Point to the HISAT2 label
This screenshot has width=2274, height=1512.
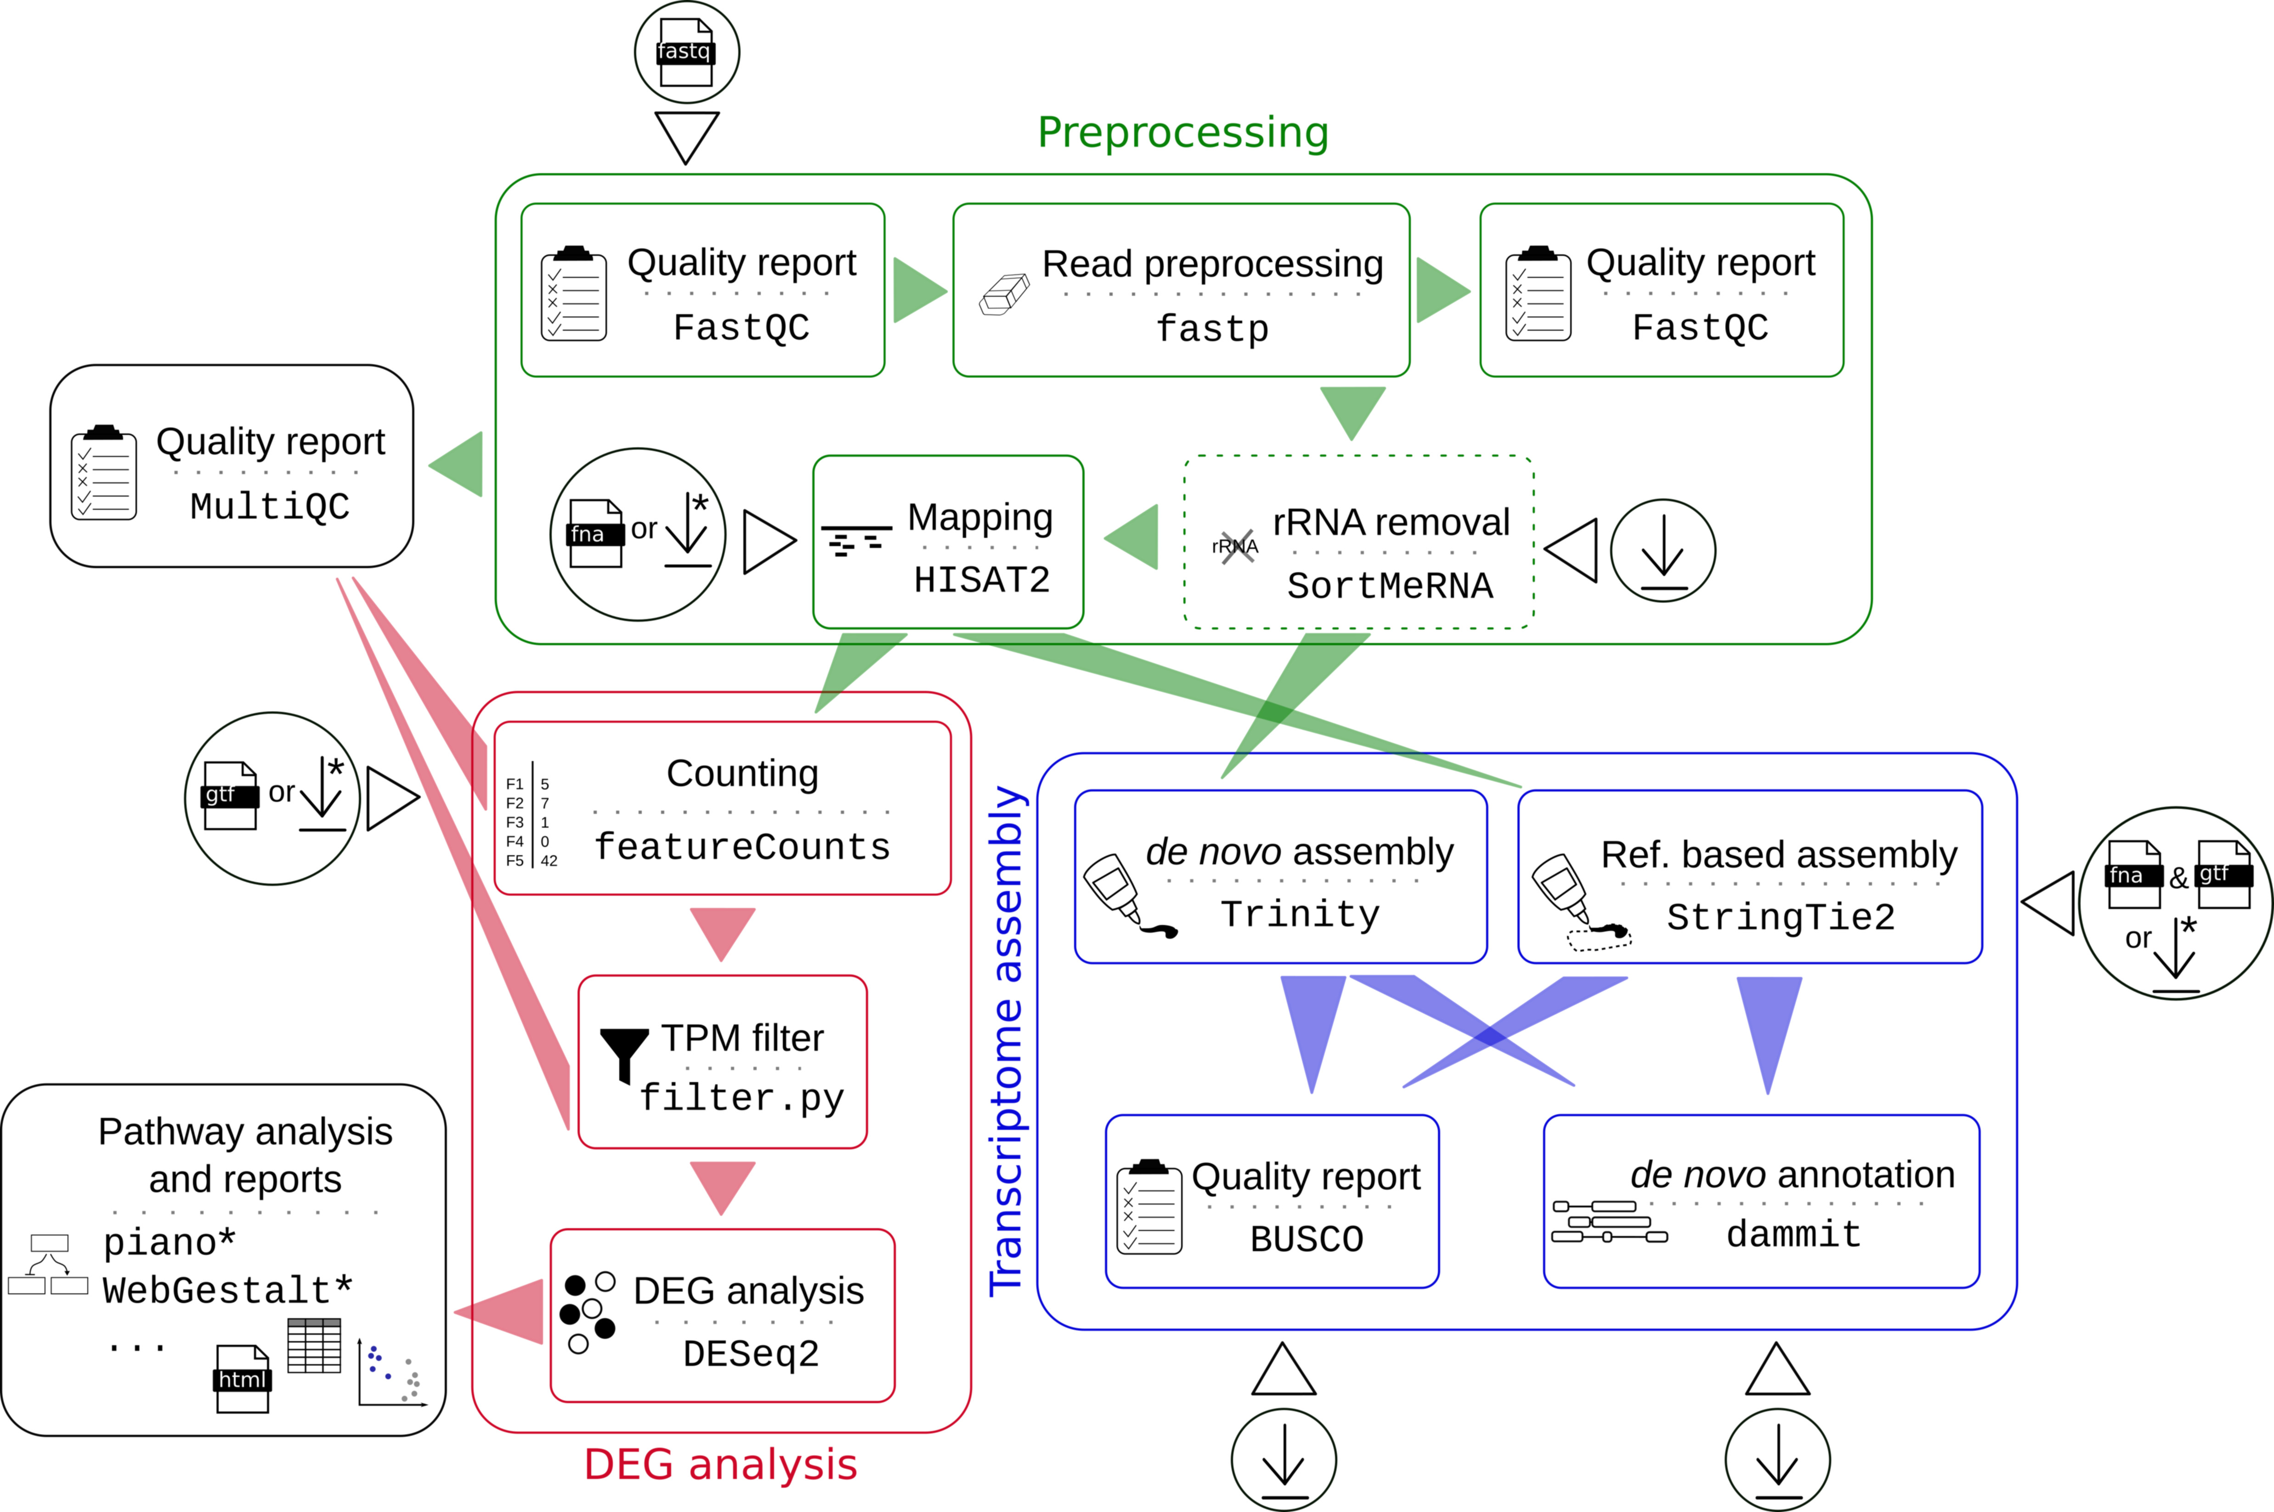point(982,580)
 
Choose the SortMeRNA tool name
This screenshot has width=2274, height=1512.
point(1390,585)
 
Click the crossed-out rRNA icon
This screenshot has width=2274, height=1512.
point(1235,547)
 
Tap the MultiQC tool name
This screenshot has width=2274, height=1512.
point(270,506)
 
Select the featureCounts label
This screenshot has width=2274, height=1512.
point(741,846)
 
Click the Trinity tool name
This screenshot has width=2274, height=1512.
point(1300,914)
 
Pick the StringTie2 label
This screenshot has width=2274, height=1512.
point(1780,917)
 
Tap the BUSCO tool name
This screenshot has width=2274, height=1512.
point(1307,1239)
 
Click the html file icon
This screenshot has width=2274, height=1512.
point(242,1379)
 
